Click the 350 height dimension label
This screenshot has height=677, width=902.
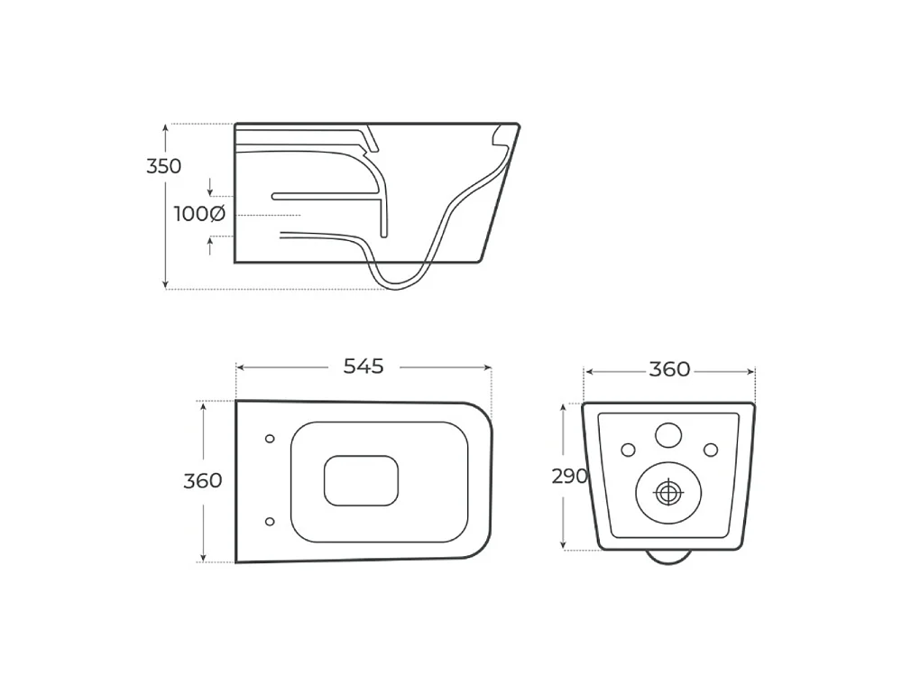pos(164,166)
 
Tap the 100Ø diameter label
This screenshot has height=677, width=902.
pos(199,214)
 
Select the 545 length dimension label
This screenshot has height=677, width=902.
pos(363,366)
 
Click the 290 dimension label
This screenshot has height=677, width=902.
pos(569,476)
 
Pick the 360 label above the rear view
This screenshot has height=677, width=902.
pos(669,369)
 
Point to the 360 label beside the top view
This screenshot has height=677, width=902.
pos(202,480)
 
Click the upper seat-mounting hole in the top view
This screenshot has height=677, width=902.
pos(270,439)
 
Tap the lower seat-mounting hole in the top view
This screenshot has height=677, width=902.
pos(270,522)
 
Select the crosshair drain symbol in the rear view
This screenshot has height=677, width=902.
pos(667,493)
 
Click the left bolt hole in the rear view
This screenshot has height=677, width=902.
pos(628,450)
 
